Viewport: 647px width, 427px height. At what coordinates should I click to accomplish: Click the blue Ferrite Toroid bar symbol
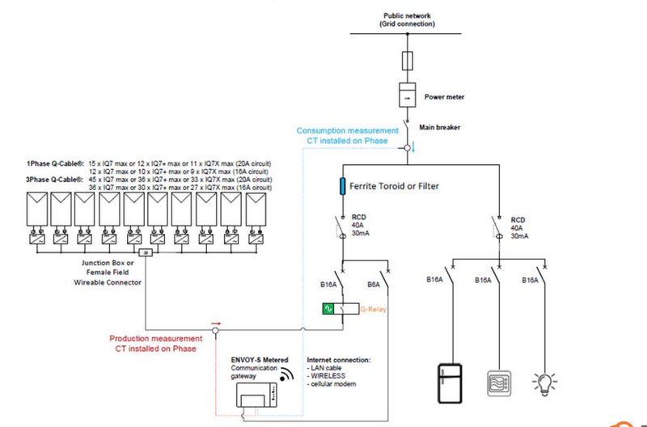tap(343, 187)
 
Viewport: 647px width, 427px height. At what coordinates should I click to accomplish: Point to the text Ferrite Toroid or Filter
tap(394, 187)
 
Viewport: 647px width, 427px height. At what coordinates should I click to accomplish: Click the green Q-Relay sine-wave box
tap(328, 308)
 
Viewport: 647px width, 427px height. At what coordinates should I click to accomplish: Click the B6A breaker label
tap(375, 285)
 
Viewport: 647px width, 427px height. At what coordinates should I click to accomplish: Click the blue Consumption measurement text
tap(347, 135)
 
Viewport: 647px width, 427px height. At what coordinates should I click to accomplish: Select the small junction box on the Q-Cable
tap(146, 253)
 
